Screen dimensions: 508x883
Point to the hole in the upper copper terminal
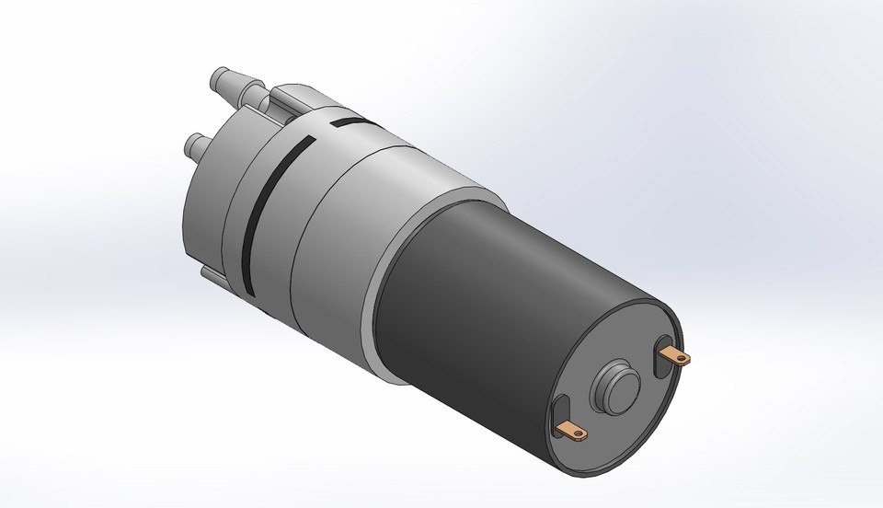pos(681,359)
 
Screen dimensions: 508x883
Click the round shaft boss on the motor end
pos(614,387)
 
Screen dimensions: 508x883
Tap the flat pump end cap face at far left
pos(207,207)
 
